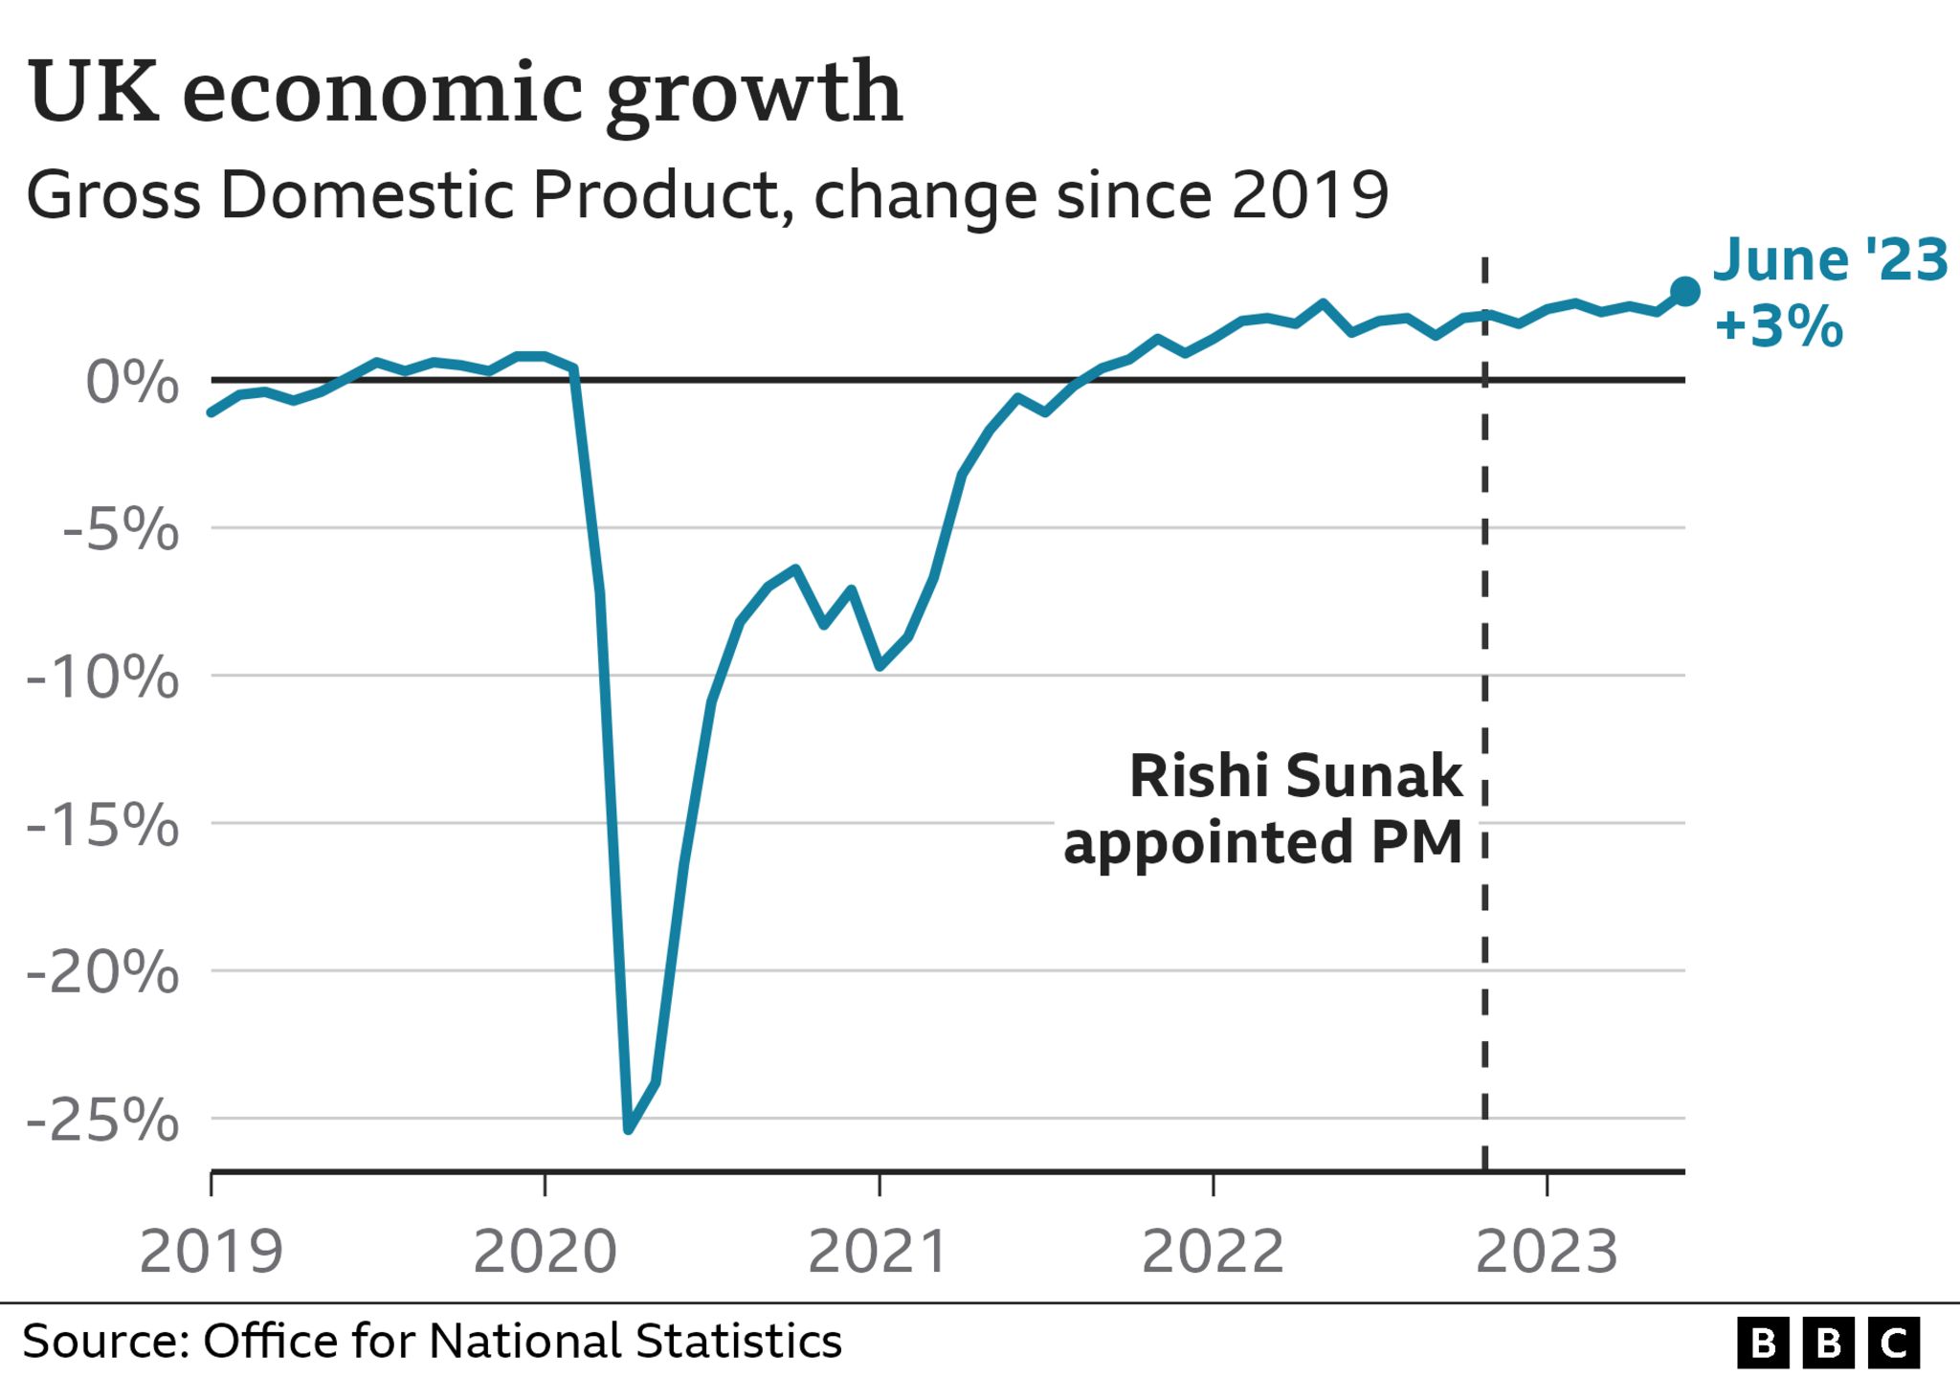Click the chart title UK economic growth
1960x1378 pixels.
point(465,93)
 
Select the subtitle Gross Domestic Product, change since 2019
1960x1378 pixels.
point(706,195)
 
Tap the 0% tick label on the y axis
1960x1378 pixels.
point(132,383)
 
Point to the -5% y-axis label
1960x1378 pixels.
point(121,529)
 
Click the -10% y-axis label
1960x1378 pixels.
point(102,678)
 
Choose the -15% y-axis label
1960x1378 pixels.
point(102,825)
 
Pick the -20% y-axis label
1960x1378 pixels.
point(102,973)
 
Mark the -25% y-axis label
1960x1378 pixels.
point(102,1121)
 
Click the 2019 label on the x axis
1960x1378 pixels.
point(212,1252)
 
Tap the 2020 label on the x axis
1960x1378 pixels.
point(546,1252)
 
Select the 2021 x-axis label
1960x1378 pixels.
point(879,1252)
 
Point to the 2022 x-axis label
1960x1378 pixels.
point(1214,1252)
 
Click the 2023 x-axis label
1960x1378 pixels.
point(1547,1252)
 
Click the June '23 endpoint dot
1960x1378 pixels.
point(1685,292)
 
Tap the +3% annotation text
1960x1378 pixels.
point(1778,325)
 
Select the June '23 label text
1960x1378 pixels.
point(1830,260)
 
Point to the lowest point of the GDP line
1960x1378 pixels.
point(629,1130)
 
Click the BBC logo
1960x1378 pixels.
point(1828,1344)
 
